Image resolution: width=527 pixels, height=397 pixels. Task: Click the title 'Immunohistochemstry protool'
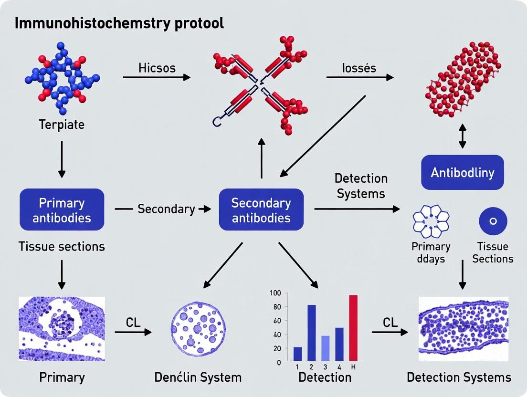pyautogui.click(x=119, y=23)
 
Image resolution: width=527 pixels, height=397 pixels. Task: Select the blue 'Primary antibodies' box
pyautogui.click(x=62, y=210)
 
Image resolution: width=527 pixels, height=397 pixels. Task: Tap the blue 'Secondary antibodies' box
pyautogui.click(x=261, y=210)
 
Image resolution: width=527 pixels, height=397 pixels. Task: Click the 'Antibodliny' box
pyautogui.click(x=462, y=172)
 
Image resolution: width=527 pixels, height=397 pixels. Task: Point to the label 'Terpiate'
pyautogui.click(x=62, y=125)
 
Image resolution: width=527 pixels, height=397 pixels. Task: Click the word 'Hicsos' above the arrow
pyautogui.click(x=157, y=68)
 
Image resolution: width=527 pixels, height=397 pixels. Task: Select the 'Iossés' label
pyautogui.click(x=358, y=68)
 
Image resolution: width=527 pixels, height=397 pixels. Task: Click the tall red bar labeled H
pyautogui.click(x=353, y=328)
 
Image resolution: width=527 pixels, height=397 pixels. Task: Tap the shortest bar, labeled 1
pyautogui.click(x=297, y=354)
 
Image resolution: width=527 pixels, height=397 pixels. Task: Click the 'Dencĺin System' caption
pyautogui.click(x=198, y=377)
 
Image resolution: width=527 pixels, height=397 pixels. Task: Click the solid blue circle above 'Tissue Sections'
pyautogui.click(x=493, y=221)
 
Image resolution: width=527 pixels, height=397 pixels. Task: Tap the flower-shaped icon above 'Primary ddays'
pyautogui.click(x=431, y=221)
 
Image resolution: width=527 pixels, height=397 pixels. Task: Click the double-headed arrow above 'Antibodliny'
pyautogui.click(x=462, y=136)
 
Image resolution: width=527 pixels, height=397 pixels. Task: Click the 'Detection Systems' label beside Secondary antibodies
pyautogui.click(x=360, y=186)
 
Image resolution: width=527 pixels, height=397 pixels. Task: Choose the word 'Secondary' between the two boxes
pyautogui.click(x=166, y=209)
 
